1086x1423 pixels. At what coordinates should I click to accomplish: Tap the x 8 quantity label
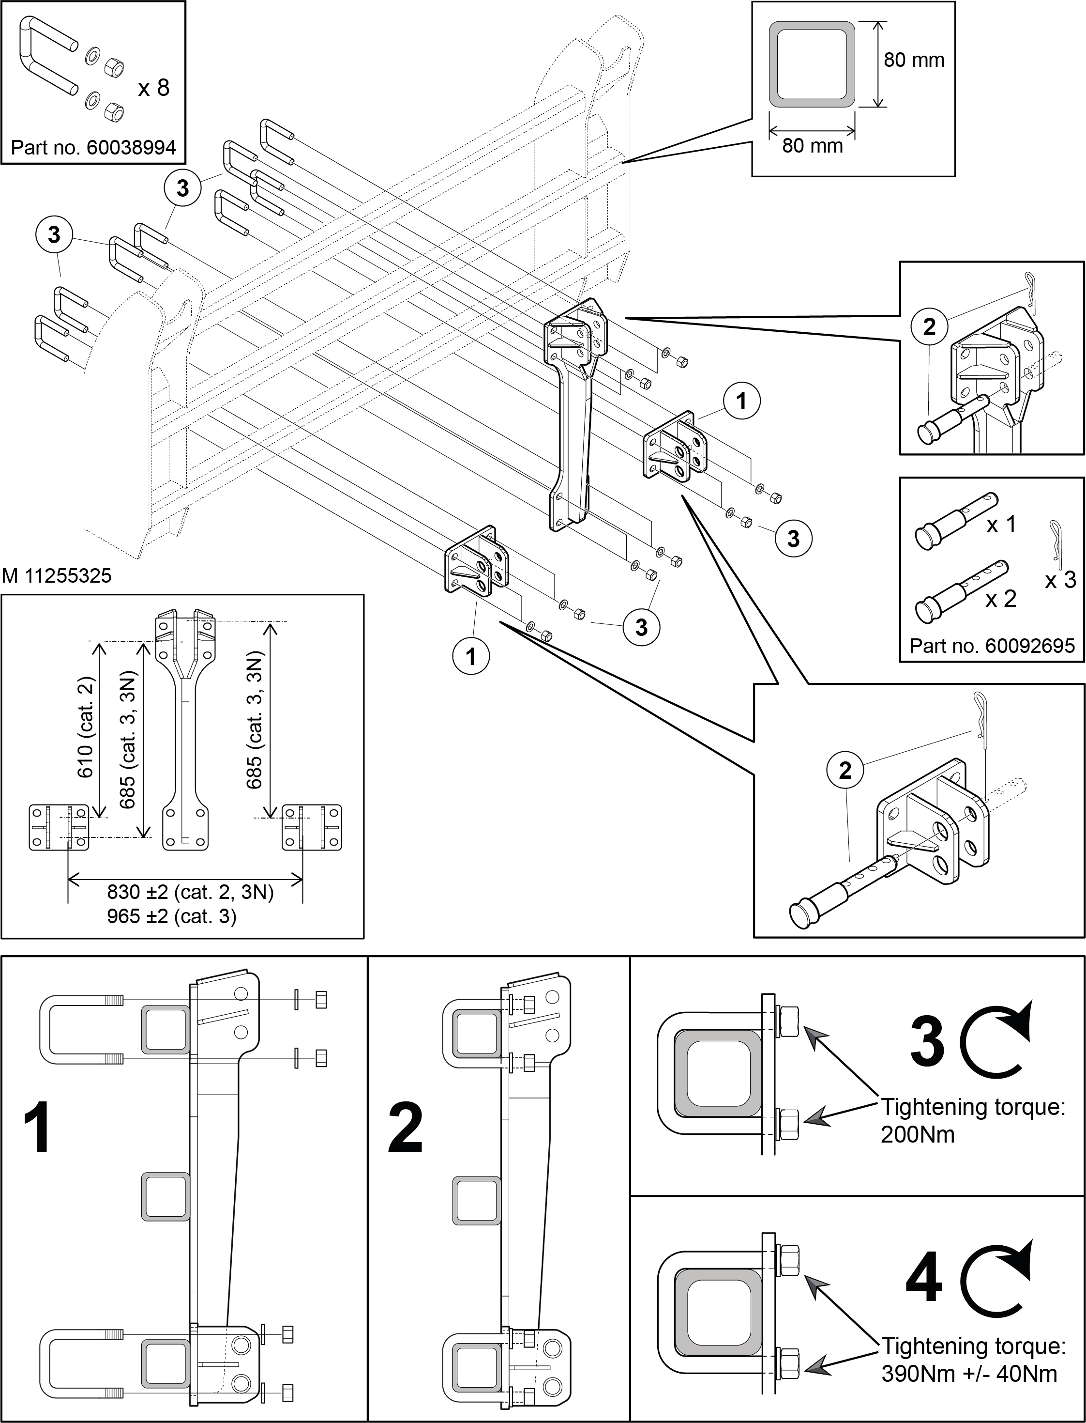(x=153, y=87)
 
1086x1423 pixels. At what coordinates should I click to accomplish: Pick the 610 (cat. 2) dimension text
(x=86, y=727)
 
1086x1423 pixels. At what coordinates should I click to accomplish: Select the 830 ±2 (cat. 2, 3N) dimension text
(x=191, y=892)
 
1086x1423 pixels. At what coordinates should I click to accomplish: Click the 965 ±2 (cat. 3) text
(x=172, y=916)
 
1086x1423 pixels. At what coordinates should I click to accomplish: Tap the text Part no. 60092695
(x=992, y=646)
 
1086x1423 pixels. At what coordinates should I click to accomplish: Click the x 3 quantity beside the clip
(x=1061, y=580)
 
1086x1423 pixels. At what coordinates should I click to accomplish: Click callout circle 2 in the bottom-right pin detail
(x=845, y=771)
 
